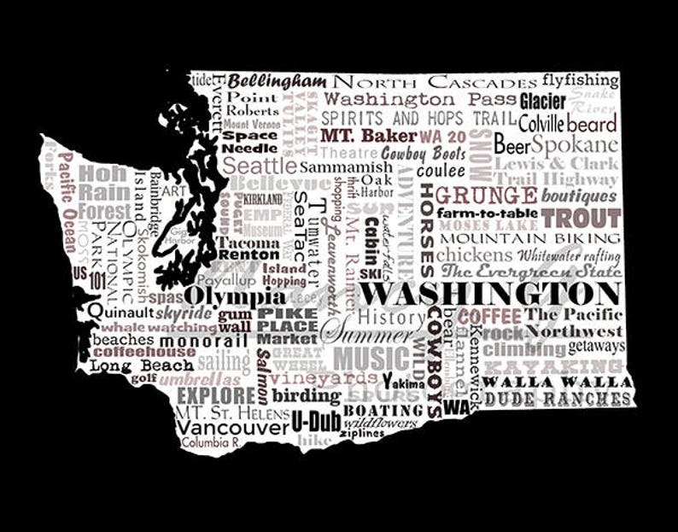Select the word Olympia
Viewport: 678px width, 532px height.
[x=235, y=295]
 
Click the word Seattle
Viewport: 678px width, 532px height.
[x=260, y=165]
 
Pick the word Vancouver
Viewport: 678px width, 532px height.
[x=232, y=426]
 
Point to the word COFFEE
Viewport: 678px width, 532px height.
[x=489, y=316]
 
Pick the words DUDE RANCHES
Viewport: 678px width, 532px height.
[x=558, y=398]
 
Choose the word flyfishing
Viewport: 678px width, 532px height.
[x=580, y=80]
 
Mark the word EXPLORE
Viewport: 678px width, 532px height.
[x=215, y=395]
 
